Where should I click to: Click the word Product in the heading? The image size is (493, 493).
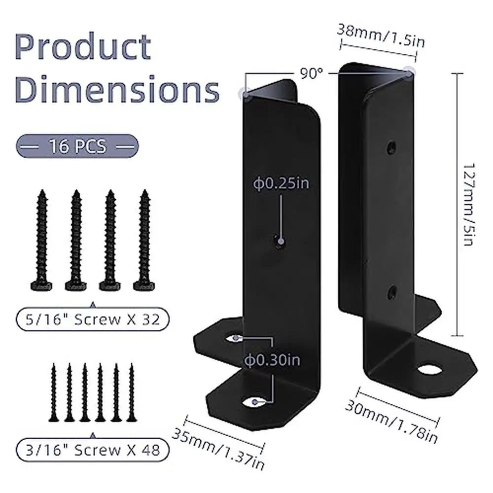point(84,48)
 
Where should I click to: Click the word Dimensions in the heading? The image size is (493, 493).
point(117,90)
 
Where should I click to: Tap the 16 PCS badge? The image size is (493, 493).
point(77,146)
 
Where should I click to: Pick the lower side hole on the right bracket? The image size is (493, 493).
point(391,292)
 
